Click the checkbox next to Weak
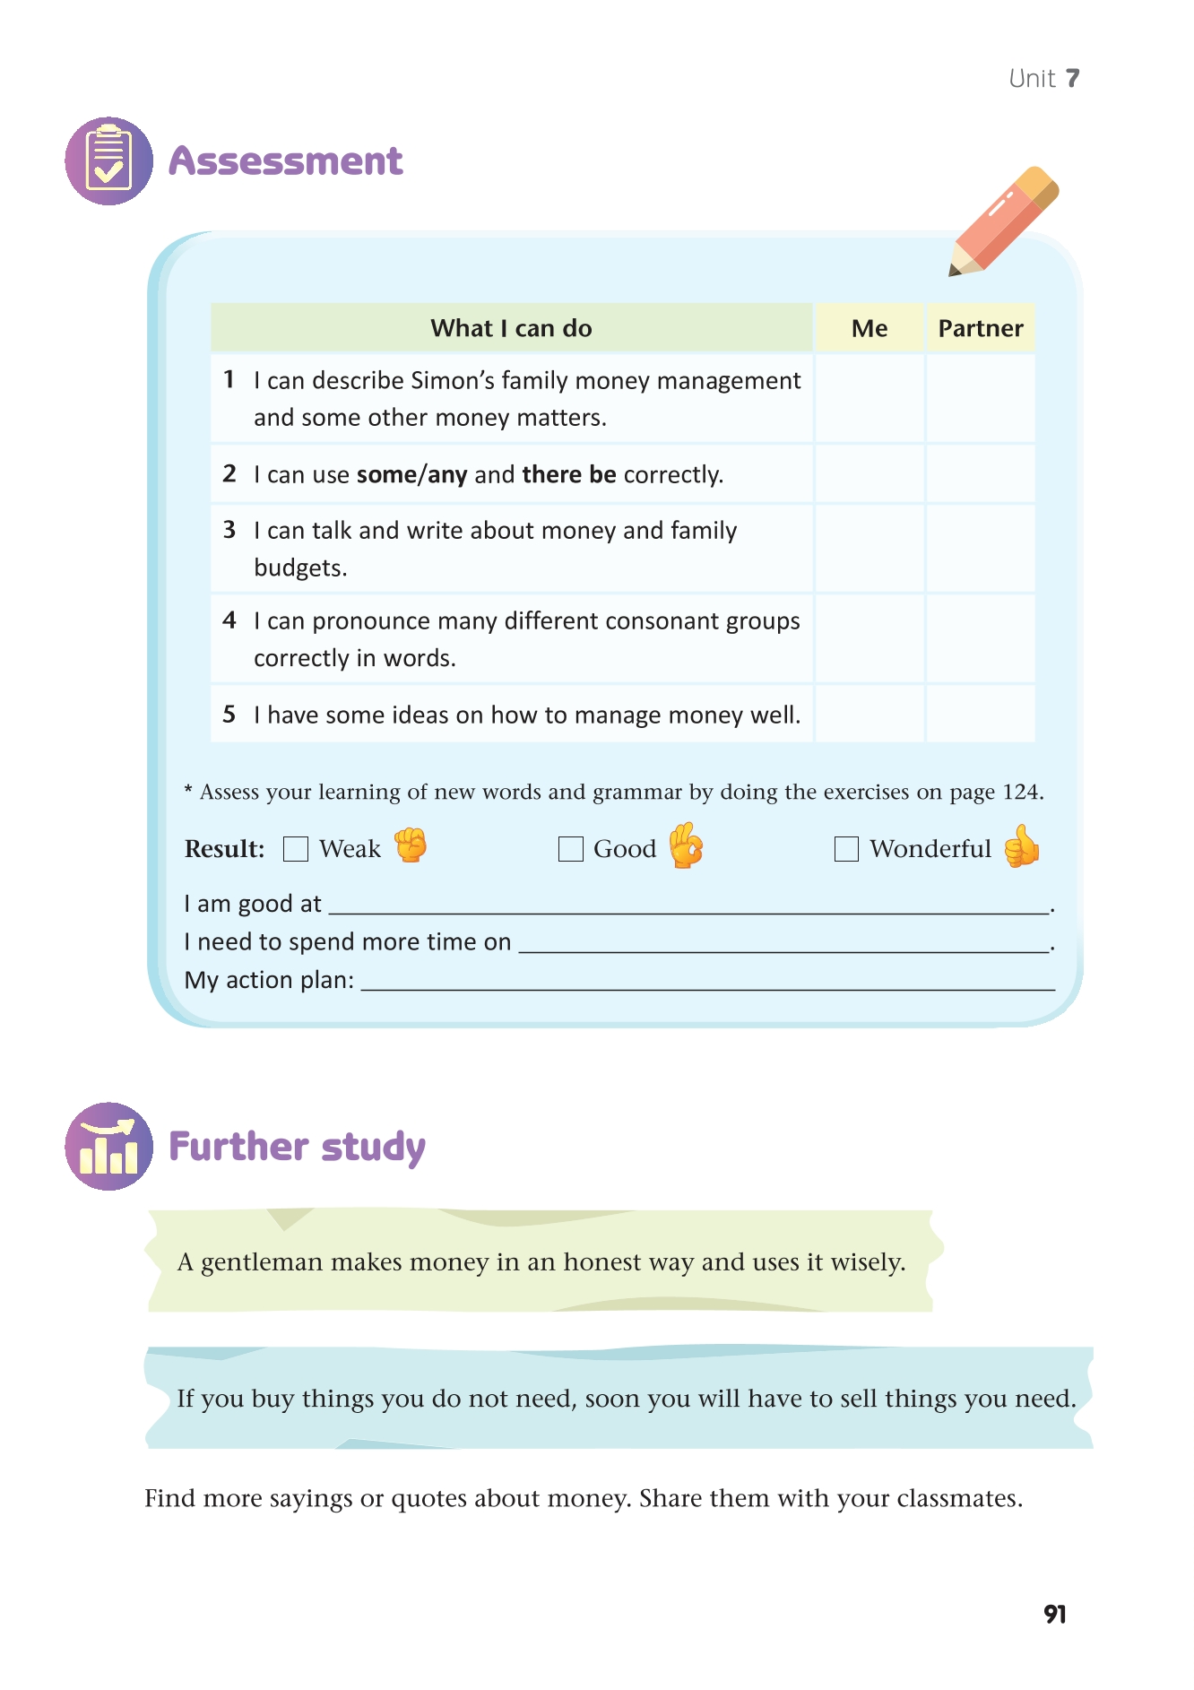click(296, 849)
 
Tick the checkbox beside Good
click(570, 849)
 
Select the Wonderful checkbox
click(846, 849)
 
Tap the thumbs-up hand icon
click(1021, 846)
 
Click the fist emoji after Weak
click(411, 845)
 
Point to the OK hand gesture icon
click(686, 845)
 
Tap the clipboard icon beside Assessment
click(109, 161)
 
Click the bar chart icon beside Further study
click(109, 1147)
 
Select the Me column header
click(870, 328)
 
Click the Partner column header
click(981, 328)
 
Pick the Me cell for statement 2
click(870, 474)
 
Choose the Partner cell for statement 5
click(981, 715)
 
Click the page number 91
click(1055, 1615)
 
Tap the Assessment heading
click(286, 161)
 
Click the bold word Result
click(224, 849)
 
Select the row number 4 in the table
click(229, 620)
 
